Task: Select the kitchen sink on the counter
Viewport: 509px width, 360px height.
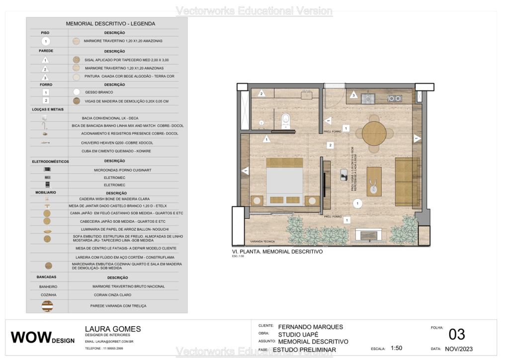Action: [369, 98]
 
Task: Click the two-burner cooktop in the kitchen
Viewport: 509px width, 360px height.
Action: [395, 98]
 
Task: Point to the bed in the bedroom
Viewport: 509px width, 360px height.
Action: [284, 182]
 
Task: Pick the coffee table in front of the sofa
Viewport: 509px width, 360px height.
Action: [374, 181]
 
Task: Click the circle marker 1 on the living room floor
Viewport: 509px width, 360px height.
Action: [357, 203]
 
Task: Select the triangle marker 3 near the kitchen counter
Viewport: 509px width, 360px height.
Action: [353, 94]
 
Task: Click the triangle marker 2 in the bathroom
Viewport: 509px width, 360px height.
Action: [261, 93]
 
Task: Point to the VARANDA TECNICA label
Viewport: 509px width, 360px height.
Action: [262, 241]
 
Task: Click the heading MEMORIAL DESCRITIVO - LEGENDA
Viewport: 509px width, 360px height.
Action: [110, 23]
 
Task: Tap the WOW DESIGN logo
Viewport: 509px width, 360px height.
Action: [43, 338]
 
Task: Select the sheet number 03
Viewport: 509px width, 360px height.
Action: [457, 334]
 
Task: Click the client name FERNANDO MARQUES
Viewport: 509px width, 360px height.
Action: [310, 327]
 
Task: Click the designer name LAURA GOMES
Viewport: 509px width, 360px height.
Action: [113, 329]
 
